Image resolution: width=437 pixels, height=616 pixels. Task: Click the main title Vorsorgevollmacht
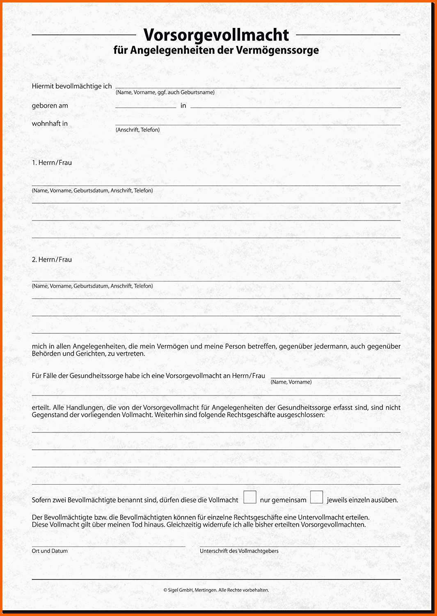216,35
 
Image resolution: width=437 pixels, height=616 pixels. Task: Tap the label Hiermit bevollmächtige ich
72,86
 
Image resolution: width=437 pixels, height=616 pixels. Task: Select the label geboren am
50,106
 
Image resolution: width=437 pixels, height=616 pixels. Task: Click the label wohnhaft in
50,123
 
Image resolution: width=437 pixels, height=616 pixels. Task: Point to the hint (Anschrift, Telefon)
137,130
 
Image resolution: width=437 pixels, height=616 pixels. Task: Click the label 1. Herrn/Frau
52,163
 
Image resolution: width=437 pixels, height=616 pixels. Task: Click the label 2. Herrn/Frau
52,260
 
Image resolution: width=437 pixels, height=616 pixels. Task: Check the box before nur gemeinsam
250,497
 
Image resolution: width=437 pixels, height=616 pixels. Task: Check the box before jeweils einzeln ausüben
316,497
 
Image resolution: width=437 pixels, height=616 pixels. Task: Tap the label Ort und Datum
50,551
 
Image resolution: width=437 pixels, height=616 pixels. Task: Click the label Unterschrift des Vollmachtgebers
239,551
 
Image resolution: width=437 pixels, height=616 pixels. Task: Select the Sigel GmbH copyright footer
216,590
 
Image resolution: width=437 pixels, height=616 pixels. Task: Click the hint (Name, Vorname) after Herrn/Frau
291,382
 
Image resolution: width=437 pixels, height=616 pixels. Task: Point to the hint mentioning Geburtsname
165,92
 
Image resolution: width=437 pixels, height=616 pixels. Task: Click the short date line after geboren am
146,107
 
